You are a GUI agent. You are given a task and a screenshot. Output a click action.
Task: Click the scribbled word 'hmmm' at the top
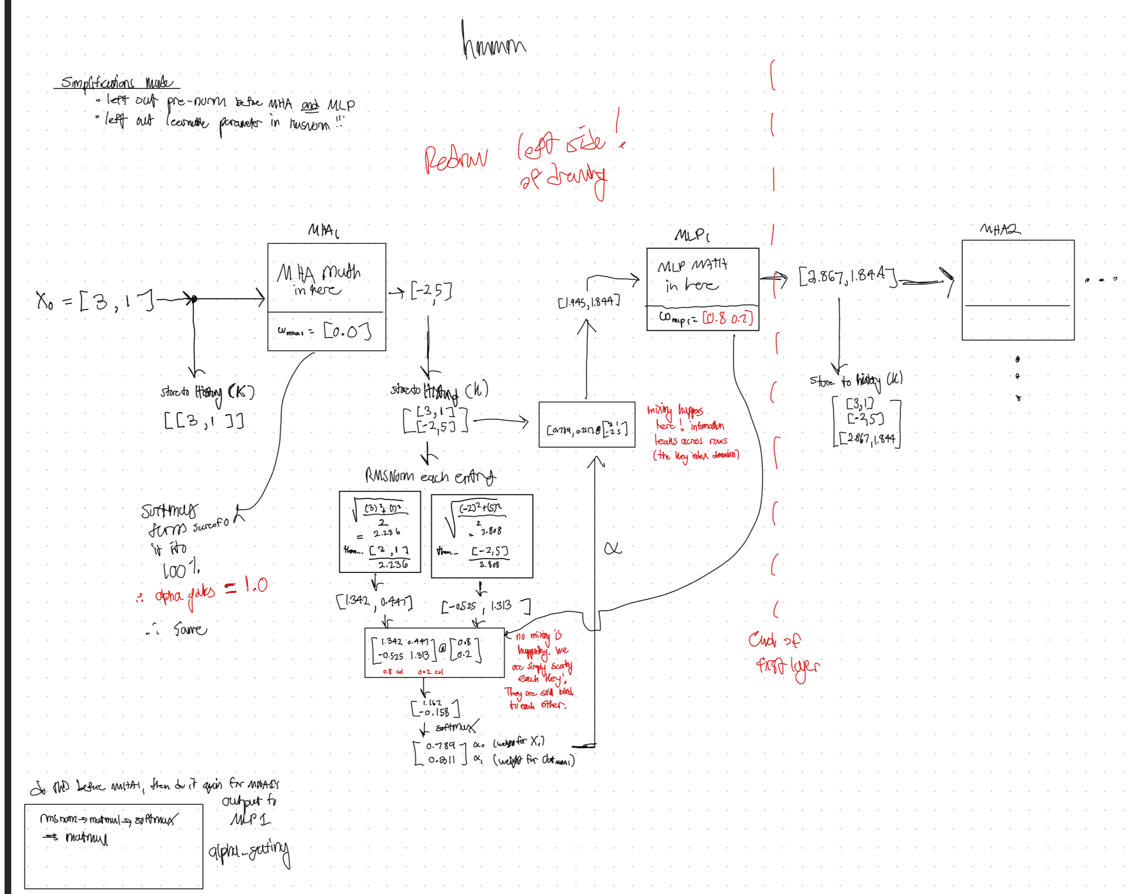493,42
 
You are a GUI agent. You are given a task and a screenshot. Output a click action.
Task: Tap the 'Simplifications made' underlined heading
116,82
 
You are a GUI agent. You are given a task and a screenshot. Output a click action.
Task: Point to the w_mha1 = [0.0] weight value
347,331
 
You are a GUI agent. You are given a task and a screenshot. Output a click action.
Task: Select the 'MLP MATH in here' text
692,275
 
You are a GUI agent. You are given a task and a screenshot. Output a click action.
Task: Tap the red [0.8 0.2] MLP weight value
728,318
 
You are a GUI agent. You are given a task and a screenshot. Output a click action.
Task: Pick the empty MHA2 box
1017,289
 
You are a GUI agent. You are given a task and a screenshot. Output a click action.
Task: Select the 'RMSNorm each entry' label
430,476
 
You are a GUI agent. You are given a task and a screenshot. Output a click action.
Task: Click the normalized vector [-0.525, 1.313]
484,606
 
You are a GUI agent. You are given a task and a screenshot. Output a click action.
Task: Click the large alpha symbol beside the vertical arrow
613,548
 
